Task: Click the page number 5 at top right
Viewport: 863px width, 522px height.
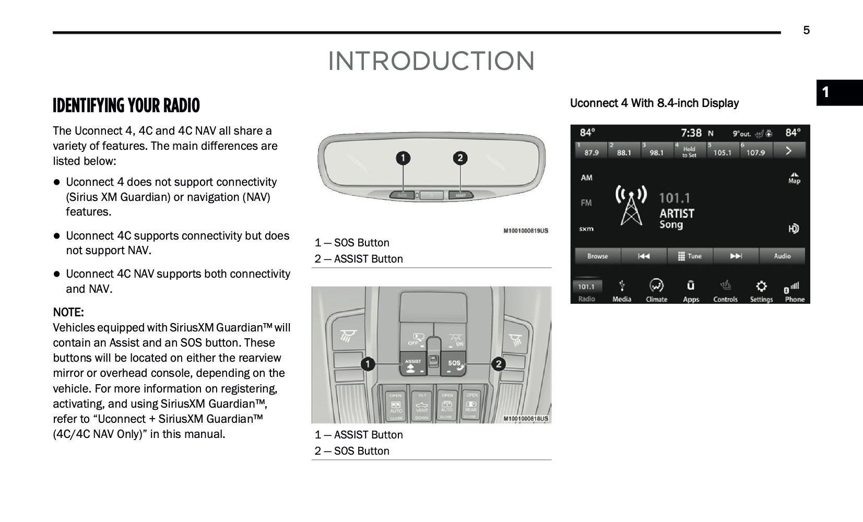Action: pyautogui.click(x=806, y=30)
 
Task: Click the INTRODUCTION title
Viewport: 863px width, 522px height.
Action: pyautogui.click(x=431, y=61)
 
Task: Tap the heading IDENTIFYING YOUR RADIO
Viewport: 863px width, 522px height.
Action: pyautogui.click(x=126, y=105)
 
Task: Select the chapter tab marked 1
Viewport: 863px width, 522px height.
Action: pyautogui.click(x=839, y=93)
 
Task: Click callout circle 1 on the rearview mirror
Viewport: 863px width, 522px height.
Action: pyautogui.click(x=403, y=158)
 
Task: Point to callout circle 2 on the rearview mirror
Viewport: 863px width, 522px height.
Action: pyautogui.click(x=460, y=158)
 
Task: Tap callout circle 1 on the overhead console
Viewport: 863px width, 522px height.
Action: pyautogui.click(x=368, y=363)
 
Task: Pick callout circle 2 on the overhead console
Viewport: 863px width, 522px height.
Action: pyautogui.click(x=499, y=363)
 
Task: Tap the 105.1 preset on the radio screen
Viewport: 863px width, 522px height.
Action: pyautogui.click(x=722, y=150)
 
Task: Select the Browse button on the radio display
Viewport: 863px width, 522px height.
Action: pyautogui.click(x=597, y=256)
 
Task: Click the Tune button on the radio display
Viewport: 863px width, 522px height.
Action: pyautogui.click(x=690, y=256)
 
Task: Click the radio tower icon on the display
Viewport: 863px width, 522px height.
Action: pyautogui.click(x=631, y=205)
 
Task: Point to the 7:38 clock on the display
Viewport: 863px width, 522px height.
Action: pyautogui.click(x=691, y=133)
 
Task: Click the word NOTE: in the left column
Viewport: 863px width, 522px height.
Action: pyautogui.click(x=68, y=313)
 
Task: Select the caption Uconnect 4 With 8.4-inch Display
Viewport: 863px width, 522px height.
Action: pyautogui.click(x=654, y=103)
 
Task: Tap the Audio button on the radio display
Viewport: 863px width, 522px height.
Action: pyautogui.click(x=782, y=256)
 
